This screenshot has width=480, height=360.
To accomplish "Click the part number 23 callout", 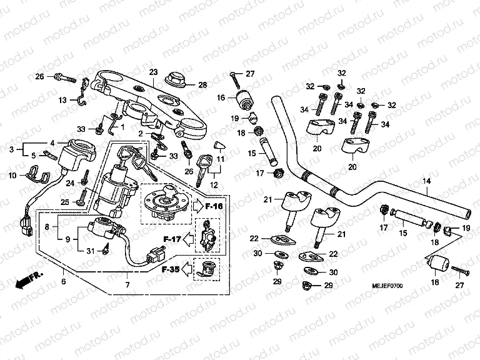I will [x=153, y=72].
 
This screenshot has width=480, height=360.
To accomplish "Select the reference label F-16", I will [x=214, y=205].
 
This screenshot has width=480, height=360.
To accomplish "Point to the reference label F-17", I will [x=172, y=238].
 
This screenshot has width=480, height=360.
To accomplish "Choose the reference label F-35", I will [x=172, y=271].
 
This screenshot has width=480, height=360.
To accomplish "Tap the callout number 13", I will [x=62, y=100].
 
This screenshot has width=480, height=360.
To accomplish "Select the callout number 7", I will [x=127, y=286].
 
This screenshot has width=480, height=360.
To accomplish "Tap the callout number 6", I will [x=62, y=281].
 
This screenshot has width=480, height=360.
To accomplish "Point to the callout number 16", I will [x=221, y=97].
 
